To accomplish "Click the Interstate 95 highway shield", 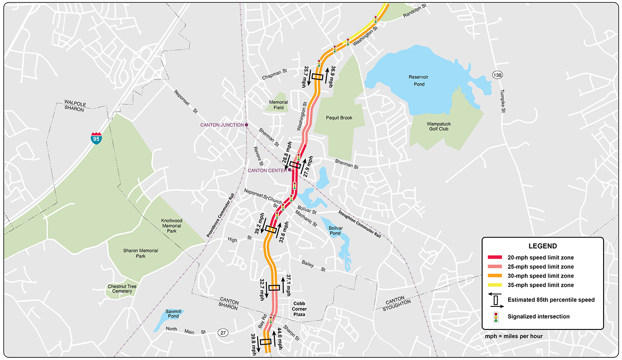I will pyautogui.click(x=96, y=138).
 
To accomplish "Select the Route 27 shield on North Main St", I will pyautogui.click(x=223, y=333).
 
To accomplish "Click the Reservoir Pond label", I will pyautogui.click(x=418, y=81).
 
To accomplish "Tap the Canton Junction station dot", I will pyautogui.click(x=246, y=125).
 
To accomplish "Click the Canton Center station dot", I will pyautogui.click(x=290, y=170).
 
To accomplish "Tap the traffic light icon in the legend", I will pyautogui.click(x=496, y=317).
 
